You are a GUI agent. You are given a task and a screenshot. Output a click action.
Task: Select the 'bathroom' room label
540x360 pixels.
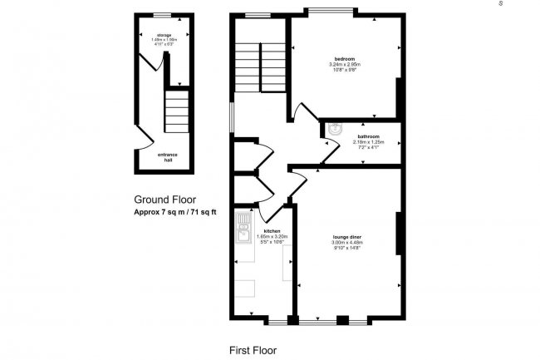click(x=368, y=136)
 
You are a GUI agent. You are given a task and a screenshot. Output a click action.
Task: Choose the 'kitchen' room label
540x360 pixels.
click(x=272, y=230)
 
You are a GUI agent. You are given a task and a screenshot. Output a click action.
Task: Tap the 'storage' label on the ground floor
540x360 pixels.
click(x=163, y=35)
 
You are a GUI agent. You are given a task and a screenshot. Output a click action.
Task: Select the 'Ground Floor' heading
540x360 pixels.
click(x=166, y=200)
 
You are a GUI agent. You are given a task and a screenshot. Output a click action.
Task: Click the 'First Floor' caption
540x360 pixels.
click(x=253, y=350)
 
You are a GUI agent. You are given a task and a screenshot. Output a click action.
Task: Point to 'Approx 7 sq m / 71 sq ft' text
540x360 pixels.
click(x=174, y=213)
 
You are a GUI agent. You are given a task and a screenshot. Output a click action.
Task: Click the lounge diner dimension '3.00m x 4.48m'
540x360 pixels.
click(x=346, y=243)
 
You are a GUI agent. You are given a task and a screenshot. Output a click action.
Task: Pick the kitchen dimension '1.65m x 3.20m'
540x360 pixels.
click(x=272, y=237)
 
